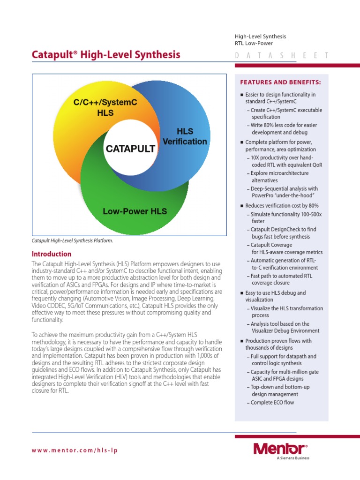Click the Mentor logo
(280, 449)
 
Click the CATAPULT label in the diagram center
(130, 149)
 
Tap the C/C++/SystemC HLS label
(105, 107)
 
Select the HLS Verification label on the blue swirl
(185, 136)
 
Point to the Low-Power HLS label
(135, 211)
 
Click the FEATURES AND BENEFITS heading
(280, 82)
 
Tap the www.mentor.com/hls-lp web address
(75, 450)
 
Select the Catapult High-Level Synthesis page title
(106, 55)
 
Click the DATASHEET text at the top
(281, 55)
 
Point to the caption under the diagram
(73, 241)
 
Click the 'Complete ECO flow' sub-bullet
(272, 403)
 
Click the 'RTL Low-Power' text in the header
(254, 44)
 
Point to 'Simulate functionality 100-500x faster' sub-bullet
(286, 217)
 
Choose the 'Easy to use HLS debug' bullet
(276, 296)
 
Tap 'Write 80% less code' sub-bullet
(284, 129)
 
